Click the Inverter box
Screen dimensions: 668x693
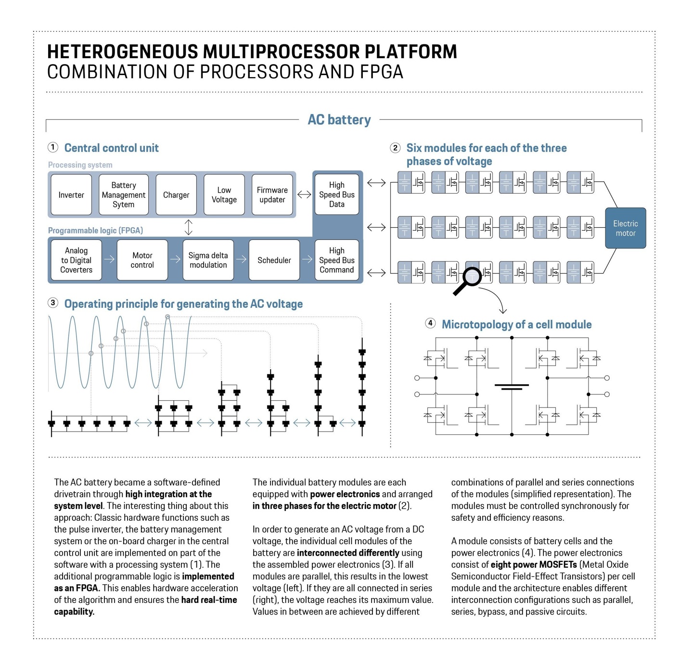pyautogui.click(x=71, y=195)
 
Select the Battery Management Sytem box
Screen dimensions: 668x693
pyautogui.click(x=124, y=195)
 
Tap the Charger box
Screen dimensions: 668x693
pyautogui.click(x=176, y=195)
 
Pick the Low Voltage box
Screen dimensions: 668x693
pyautogui.click(x=224, y=195)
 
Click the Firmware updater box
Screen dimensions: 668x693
pyautogui.click(x=272, y=195)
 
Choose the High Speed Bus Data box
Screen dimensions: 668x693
pyautogui.click(x=337, y=195)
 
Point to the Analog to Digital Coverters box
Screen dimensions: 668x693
pyautogui.click(x=76, y=260)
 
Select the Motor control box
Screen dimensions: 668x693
pyautogui.click(x=142, y=260)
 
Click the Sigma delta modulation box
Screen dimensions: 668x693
pyautogui.click(x=208, y=260)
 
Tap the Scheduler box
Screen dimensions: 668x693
pyautogui.click(x=274, y=260)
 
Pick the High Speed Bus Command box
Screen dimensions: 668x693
pyautogui.click(x=337, y=260)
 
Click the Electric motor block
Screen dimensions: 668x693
pyautogui.click(x=625, y=228)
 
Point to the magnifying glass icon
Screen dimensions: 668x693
pyautogui.click(x=469, y=279)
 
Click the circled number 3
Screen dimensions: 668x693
pyautogui.click(x=53, y=303)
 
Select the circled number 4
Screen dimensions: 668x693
pyautogui.click(x=430, y=323)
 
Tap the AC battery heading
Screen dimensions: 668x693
pyautogui.click(x=339, y=120)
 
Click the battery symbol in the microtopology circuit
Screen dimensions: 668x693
pyautogui.click(x=512, y=386)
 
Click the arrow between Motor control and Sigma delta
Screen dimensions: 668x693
pyautogui.click(x=175, y=260)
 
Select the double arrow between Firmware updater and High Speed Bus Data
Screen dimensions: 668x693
pyautogui.click(x=304, y=195)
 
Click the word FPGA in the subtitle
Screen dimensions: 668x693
pyautogui.click(x=381, y=72)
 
